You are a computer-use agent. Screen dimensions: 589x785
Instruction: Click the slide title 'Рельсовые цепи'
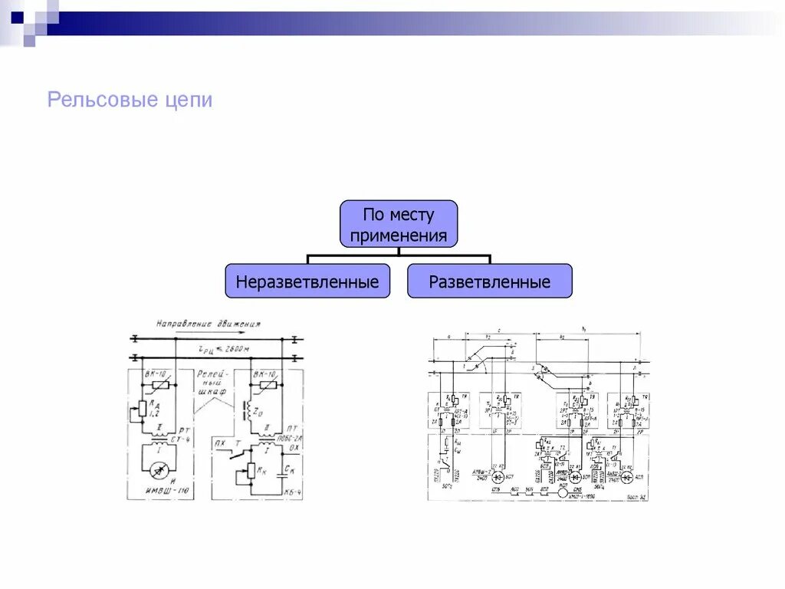click(x=130, y=100)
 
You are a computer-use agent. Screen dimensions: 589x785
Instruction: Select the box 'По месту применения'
click(x=399, y=224)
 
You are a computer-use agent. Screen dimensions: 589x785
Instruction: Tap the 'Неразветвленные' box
click(x=307, y=281)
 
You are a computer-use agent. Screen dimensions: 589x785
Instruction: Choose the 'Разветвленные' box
click(x=490, y=281)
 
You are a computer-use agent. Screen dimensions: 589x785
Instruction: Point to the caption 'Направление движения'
click(x=208, y=324)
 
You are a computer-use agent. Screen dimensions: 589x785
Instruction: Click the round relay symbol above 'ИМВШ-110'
click(x=162, y=465)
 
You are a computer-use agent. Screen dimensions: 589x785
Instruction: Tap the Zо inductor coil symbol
click(x=248, y=406)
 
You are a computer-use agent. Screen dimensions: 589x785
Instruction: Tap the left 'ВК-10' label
click(x=156, y=373)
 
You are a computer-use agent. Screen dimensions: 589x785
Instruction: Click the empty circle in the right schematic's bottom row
click(x=564, y=492)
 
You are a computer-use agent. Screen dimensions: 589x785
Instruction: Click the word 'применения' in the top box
click(x=399, y=235)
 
